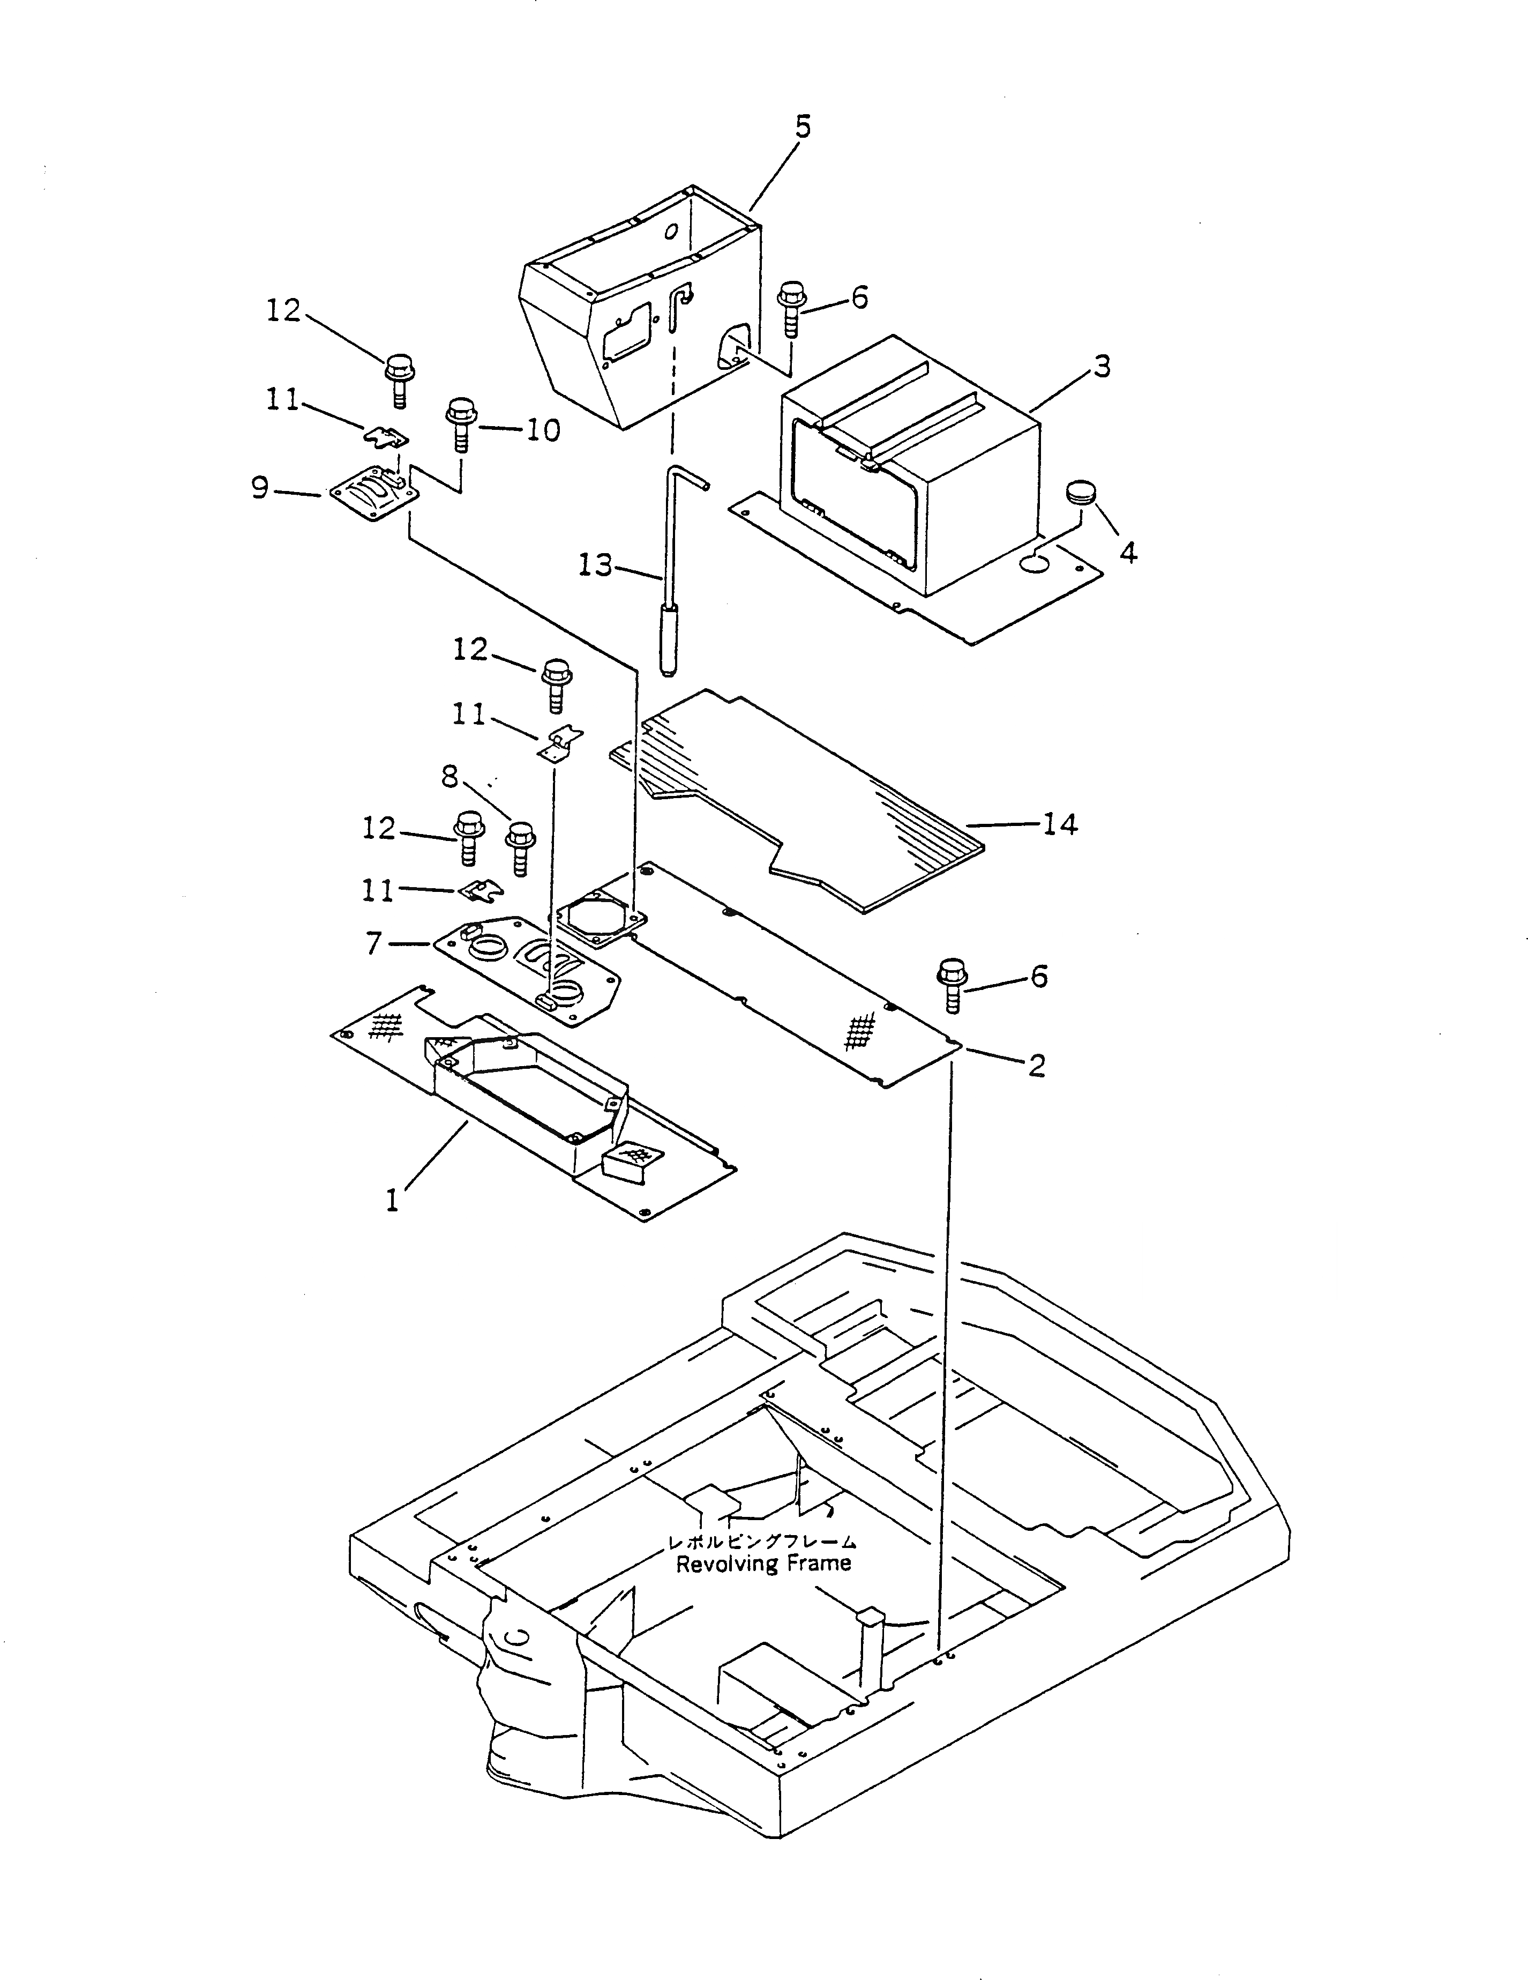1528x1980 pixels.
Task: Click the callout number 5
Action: click(x=803, y=127)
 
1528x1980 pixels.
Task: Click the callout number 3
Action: click(x=1101, y=367)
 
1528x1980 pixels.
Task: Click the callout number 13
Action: click(x=595, y=567)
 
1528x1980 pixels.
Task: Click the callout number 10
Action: click(x=543, y=430)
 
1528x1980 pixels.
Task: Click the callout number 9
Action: click(x=260, y=489)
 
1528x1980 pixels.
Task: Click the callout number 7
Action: click(x=373, y=944)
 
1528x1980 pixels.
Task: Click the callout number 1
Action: click(x=392, y=1201)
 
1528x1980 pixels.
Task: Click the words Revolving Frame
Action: click(x=763, y=1564)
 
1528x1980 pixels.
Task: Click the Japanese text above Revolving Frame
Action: click(x=761, y=1541)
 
